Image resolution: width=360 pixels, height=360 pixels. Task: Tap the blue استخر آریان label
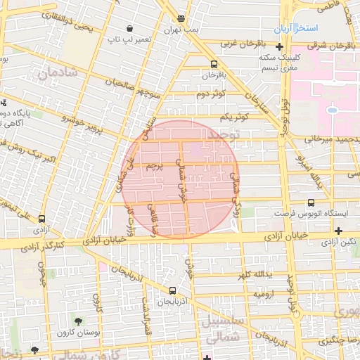tap(314, 27)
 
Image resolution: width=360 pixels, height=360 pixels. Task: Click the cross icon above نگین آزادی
tap(339, 231)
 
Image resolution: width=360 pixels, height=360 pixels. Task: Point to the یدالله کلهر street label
tap(264, 274)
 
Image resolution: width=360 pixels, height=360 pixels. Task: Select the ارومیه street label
tap(265, 294)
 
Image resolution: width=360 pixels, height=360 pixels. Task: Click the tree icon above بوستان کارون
tap(77, 321)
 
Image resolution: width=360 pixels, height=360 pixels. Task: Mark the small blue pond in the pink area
tap(332, 110)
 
